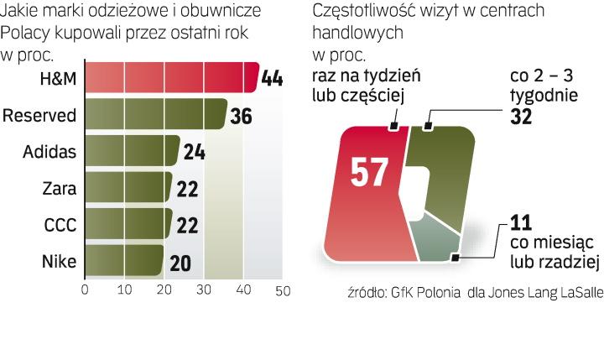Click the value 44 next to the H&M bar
272,78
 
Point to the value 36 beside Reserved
241,115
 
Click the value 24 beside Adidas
194,152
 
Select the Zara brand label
60,188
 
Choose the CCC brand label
60,225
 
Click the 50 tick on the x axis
283,290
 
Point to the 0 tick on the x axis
85,290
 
